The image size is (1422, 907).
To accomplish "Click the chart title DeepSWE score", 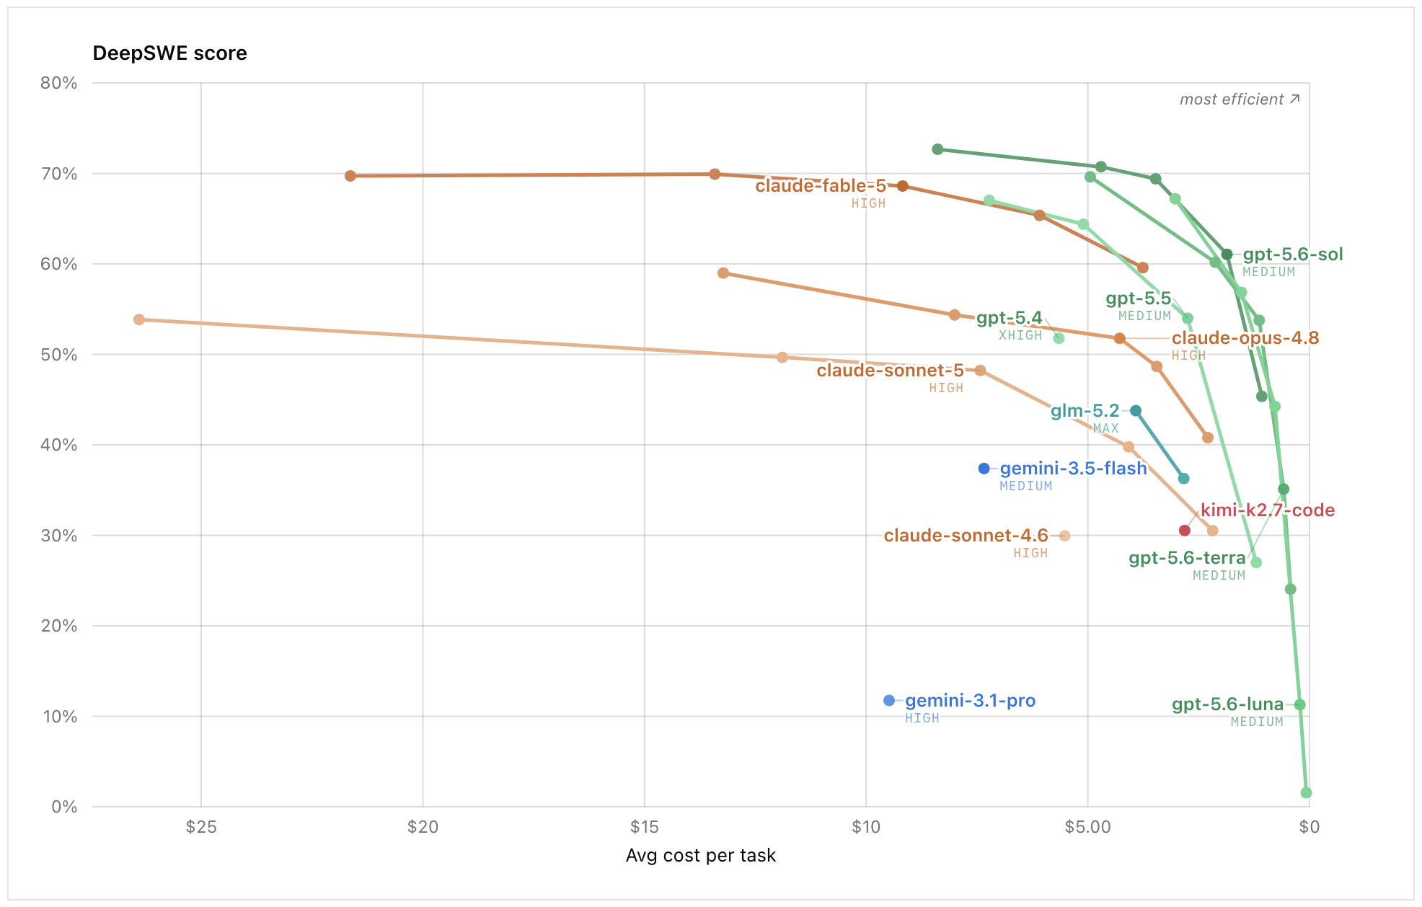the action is coord(170,53).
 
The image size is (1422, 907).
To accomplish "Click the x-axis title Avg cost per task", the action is coord(701,855).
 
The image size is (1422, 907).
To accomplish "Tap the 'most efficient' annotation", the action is coord(1240,99).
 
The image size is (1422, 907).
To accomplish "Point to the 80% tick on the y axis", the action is coord(59,83).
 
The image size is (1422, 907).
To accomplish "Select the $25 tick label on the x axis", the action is coord(201,827).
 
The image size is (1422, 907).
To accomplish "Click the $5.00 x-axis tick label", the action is coord(1087,827).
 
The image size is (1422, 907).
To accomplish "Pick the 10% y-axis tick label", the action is coord(59,717).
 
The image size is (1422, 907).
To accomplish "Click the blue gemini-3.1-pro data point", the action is coord(889,701).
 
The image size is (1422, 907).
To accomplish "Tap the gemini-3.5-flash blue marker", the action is coord(984,469).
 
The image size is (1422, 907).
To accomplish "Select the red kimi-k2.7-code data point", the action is coord(1185,531).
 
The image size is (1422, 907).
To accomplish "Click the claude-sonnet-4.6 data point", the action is coord(1065,536).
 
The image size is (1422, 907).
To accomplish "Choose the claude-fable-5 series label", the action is coord(821,186).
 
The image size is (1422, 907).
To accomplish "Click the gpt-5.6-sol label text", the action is coord(1293,255).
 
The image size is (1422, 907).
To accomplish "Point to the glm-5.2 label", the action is coord(1085,411).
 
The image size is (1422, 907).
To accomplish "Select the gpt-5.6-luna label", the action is coord(1227,704).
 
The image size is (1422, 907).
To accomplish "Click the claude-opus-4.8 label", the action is coord(1245,338).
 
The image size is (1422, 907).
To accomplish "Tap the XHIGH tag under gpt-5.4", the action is coord(1020,335).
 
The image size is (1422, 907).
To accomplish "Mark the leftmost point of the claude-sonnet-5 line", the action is coord(139,319).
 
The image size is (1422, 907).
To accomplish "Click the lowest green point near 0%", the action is coord(1306,793).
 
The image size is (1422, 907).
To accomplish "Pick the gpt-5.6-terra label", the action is coord(1187,558).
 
